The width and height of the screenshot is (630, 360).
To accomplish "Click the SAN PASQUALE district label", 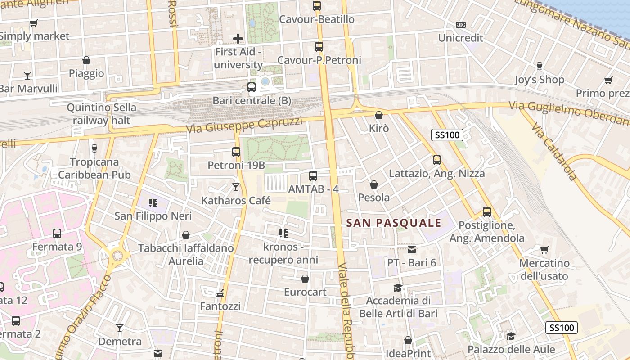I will tap(394, 223).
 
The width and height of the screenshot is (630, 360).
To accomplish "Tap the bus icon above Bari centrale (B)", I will tap(252, 87).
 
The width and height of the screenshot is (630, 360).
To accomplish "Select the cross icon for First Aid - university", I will tap(238, 39).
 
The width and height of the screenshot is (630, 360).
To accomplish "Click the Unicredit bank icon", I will tap(460, 25).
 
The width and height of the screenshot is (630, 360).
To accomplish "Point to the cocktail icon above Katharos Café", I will tap(236, 187).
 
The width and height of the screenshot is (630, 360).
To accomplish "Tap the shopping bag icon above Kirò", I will tap(379, 115).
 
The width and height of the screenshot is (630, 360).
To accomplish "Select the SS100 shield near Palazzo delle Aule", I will tap(562, 328).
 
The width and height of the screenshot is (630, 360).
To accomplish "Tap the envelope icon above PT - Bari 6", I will tap(412, 249).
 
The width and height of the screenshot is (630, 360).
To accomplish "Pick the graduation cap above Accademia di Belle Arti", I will tap(398, 288).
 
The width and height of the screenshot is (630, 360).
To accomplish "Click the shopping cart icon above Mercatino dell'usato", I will tap(544, 250).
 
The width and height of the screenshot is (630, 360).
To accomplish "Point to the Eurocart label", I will tap(305, 292).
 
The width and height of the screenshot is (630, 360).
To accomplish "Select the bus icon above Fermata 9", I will tap(57, 234).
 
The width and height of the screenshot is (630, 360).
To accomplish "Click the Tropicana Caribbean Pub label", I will tap(94, 168).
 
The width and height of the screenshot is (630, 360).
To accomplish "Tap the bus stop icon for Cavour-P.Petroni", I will tap(319, 47).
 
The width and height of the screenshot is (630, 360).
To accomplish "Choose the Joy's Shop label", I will tap(539, 80).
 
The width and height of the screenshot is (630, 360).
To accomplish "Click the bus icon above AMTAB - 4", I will tap(313, 176).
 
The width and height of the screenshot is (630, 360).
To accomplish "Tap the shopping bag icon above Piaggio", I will tap(86, 60).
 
